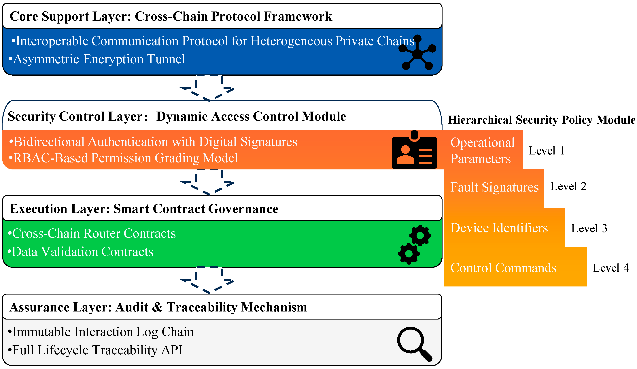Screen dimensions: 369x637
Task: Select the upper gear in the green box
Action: click(x=420, y=235)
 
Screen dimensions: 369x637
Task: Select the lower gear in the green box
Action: click(x=409, y=254)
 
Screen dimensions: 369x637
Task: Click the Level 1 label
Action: click(x=547, y=151)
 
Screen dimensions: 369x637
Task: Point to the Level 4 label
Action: click(x=610, y=268)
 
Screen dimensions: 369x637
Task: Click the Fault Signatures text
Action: click(x=494, y=187)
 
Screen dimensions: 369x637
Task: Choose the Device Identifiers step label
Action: click(x=499, y=228)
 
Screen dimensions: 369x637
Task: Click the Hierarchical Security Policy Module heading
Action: click(x=541, y=120)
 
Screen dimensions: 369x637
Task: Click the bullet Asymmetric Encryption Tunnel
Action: click(x=97, y=59)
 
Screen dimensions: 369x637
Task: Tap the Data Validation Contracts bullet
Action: click(x=80, y=252)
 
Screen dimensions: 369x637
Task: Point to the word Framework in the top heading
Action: click(x=298, y=16)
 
